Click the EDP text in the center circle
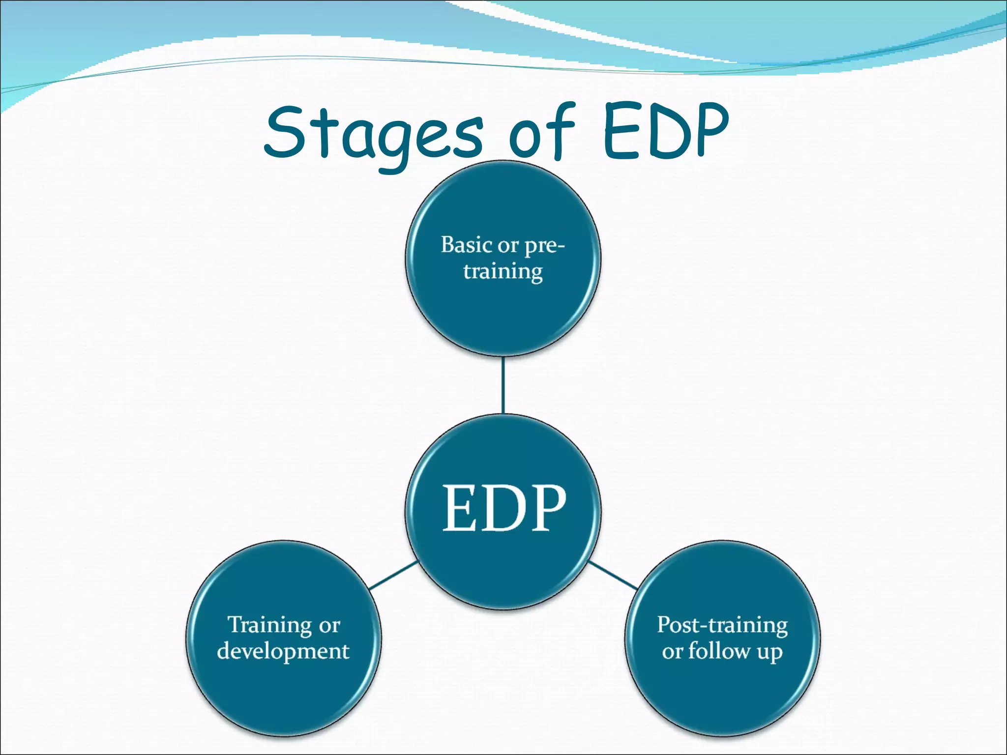tap(504, 508)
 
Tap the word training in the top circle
tap(503, 271)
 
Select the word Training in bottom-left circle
tap(270, 625)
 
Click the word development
tap(283, 651)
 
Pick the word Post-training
tap(722, 625)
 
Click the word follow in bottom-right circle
tap(719, 651)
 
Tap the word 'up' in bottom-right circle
tap(770, 653)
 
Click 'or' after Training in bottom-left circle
tap(329, 626)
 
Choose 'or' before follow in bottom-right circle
tap(672, 652)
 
